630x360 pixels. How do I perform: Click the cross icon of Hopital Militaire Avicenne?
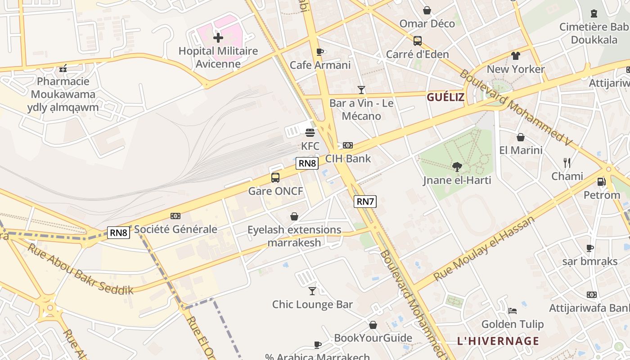(218, 38)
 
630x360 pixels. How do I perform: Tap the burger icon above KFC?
(310, 133)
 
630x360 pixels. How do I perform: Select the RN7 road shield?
(364, 202)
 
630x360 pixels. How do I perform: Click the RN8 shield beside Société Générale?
(119, 233)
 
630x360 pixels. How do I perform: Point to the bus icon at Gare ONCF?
(275, 178)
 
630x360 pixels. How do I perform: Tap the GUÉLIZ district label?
(445, 97)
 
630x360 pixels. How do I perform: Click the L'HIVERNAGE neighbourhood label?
(498, 341)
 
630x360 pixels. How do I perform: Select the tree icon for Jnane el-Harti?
(457, 167)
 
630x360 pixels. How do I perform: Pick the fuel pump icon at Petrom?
(601, 182)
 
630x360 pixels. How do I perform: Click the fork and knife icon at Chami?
(567, 163)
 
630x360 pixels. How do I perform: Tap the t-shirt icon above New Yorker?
(515, 56)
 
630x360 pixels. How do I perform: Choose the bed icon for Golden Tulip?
(512, 311)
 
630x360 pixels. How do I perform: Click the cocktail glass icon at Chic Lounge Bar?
(312, 291)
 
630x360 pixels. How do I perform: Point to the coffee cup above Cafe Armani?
(320, 52)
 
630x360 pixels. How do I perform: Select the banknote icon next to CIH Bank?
(348, 145)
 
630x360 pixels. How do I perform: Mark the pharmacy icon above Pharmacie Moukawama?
(63, 68)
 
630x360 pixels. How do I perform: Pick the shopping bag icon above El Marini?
(521, 137)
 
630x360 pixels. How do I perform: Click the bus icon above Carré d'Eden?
(418, 41)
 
